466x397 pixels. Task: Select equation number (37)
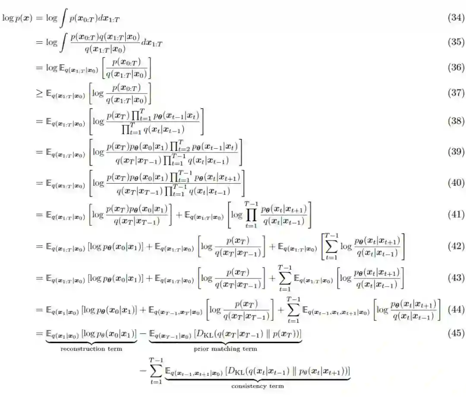(456, 93)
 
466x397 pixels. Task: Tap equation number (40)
(456, 183)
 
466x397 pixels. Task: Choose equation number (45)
(456, 333)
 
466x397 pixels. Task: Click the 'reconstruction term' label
(91, 348)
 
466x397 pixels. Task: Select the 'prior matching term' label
(225, 348)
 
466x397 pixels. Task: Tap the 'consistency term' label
(258, 386)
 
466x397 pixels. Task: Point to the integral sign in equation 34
(63, 19)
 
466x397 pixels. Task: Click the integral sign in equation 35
(63, 42)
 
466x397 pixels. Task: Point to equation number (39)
(456, 152)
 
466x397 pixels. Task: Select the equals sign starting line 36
(39, 68)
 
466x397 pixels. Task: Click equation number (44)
(456, 309)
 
